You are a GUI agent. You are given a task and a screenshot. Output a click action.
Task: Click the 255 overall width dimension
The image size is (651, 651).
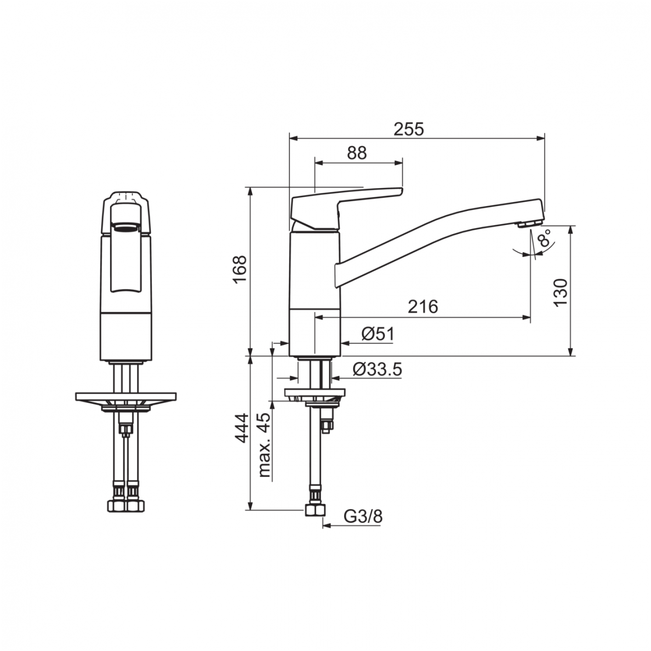(409, 129)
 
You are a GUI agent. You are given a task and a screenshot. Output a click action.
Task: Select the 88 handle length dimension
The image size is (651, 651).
(357, 153)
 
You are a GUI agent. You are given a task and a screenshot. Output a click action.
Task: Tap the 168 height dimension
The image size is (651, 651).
(241, 270)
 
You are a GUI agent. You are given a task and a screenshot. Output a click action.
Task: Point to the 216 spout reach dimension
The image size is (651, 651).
(423, 307)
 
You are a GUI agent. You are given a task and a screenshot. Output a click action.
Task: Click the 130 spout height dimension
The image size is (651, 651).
(561, 292)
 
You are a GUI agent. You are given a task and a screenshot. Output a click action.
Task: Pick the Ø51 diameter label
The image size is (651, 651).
(378, 334)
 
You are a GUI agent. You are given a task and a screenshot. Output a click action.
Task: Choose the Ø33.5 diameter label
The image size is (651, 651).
(378, 369)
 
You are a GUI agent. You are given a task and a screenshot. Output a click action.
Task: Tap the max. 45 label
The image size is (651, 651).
(264, 444)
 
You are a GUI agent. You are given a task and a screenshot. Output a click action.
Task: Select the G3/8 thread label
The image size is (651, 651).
(363, 517)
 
